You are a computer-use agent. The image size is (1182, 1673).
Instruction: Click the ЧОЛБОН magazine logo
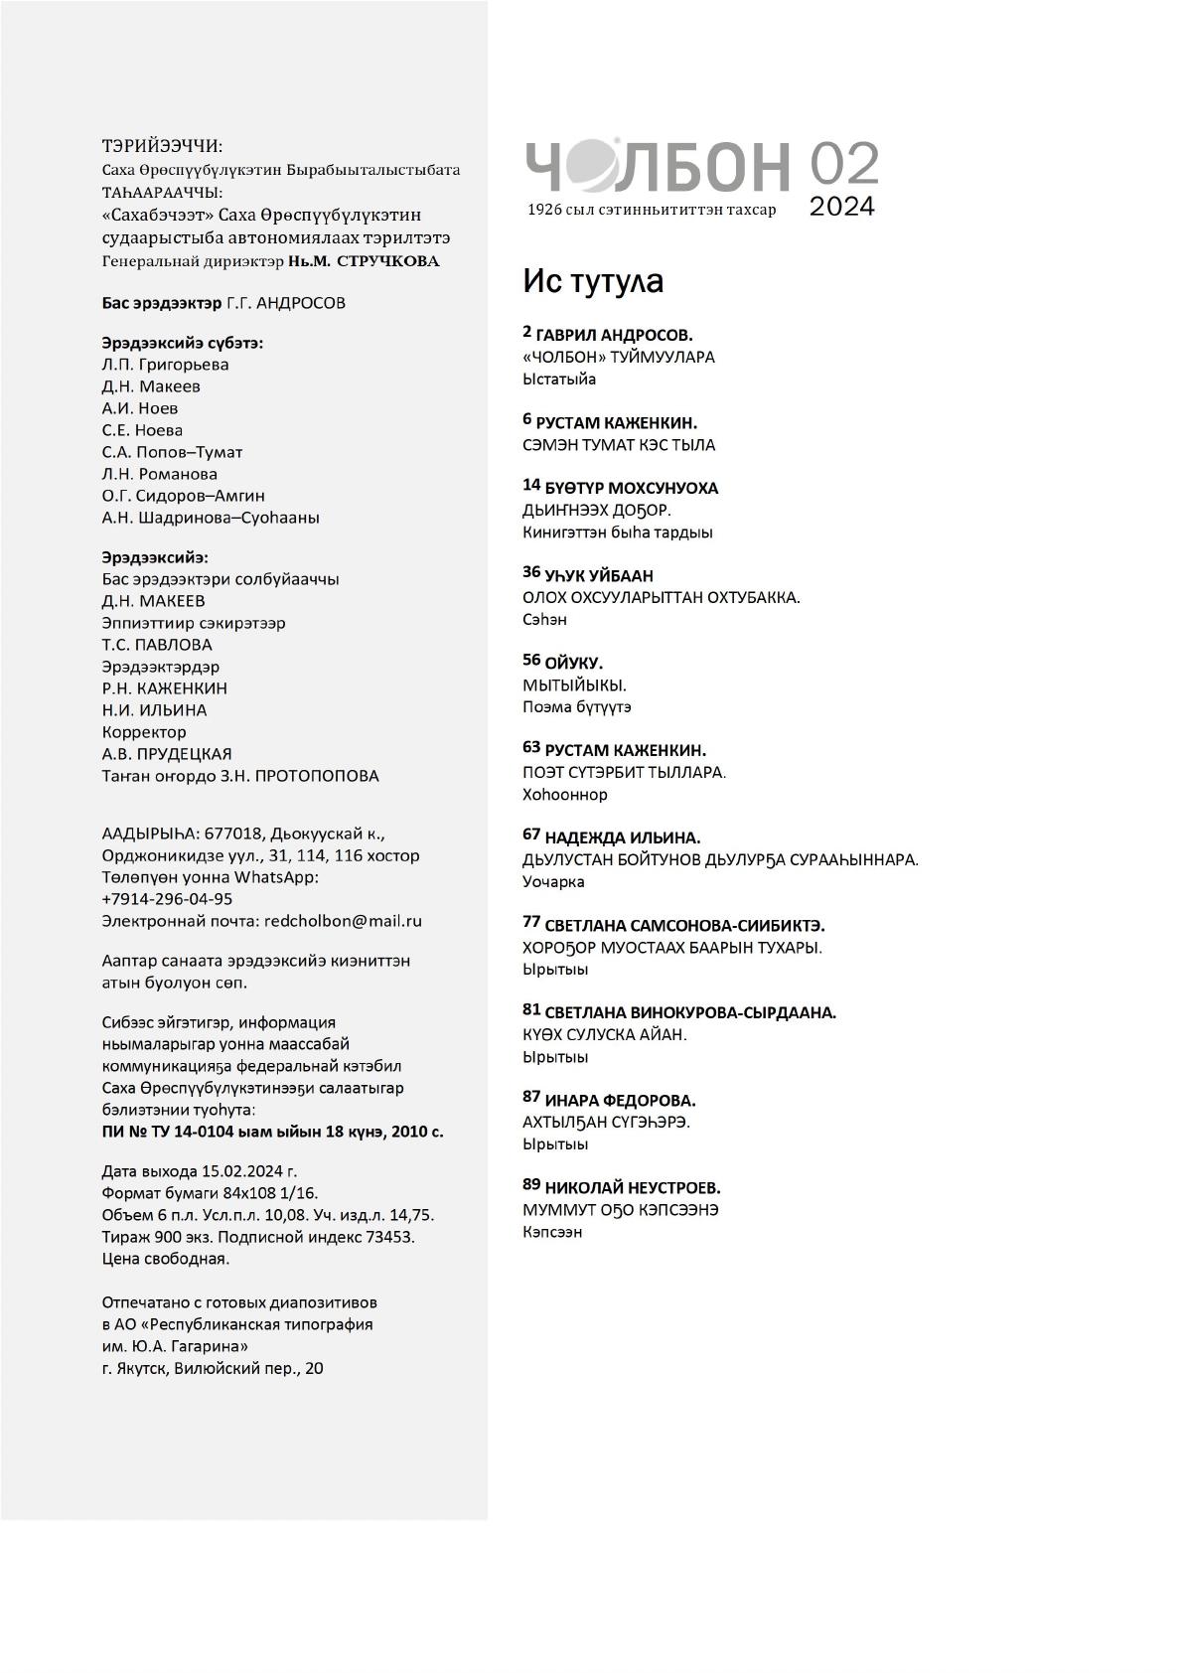(658, 165)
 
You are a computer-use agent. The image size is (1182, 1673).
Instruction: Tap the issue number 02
(843, 164)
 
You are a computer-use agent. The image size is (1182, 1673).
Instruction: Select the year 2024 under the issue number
(842, 207)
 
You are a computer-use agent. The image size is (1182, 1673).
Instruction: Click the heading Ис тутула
(593, 281)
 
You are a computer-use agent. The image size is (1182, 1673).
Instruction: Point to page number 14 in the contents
(531, 485)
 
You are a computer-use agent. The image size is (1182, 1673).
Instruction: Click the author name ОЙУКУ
(573, 663)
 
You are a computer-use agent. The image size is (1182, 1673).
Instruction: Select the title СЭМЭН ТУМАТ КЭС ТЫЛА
(618, 445)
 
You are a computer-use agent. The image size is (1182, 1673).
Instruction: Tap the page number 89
(531, 1184)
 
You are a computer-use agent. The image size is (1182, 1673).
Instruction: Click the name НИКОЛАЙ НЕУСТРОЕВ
(633, 1188)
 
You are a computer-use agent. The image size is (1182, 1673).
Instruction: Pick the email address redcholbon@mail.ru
(343, 921)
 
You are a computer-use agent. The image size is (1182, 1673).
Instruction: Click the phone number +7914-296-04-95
(167, 899)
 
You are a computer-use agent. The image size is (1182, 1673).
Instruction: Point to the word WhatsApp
(276, 877)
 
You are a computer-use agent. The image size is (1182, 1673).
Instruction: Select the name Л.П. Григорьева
(165, 365)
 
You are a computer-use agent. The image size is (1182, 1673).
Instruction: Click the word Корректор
(144, 732)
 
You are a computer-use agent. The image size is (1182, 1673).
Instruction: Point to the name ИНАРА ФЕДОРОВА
(620, 1101)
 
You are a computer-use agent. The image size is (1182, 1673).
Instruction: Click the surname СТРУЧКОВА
(388, 261)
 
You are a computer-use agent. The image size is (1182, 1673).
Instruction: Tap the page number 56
(531, 660)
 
